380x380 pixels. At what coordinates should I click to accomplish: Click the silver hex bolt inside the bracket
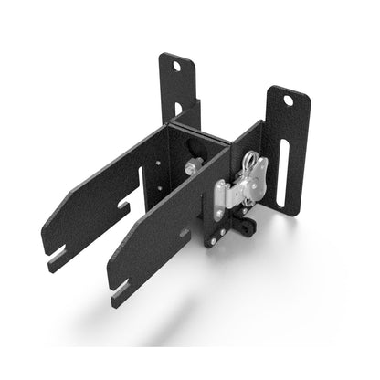point(195,166)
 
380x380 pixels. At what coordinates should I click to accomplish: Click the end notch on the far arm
point(57,259)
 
